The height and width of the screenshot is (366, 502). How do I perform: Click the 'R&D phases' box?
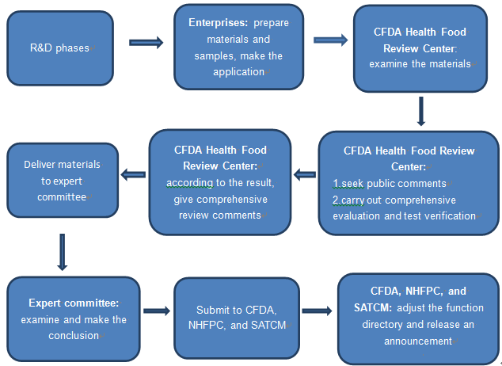pos(60,48)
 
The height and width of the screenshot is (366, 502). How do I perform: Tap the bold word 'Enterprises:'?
pos(219,23)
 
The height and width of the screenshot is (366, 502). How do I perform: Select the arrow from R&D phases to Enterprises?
pos(146,43)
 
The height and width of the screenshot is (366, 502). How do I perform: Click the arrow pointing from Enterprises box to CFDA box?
pos(330,40)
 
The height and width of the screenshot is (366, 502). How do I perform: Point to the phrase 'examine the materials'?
pos(420,63)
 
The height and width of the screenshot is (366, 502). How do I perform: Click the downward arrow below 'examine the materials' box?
pos(421,111)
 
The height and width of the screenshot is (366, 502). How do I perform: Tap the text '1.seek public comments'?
pos(390,184)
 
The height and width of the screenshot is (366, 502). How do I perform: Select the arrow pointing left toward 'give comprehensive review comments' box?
pos(305,174)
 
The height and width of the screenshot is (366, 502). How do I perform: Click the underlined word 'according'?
pos(189,183)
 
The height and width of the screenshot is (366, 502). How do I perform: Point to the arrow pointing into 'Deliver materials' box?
pos(133,174)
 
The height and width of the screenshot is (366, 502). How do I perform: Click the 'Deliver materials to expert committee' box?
pos(63,181)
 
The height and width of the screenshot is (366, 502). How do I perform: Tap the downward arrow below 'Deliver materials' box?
pos(62,252)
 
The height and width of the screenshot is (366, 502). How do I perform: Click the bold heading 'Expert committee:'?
pos(74,303)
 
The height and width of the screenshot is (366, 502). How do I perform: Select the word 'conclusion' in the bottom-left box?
pos(74,336)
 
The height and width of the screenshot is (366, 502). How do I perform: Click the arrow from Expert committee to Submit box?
pos(157,311)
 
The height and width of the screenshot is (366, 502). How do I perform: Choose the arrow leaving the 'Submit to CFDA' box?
pos(317,311)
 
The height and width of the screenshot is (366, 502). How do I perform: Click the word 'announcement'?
pos(418,341)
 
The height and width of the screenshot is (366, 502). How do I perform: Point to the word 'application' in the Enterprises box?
pos(239,72)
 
